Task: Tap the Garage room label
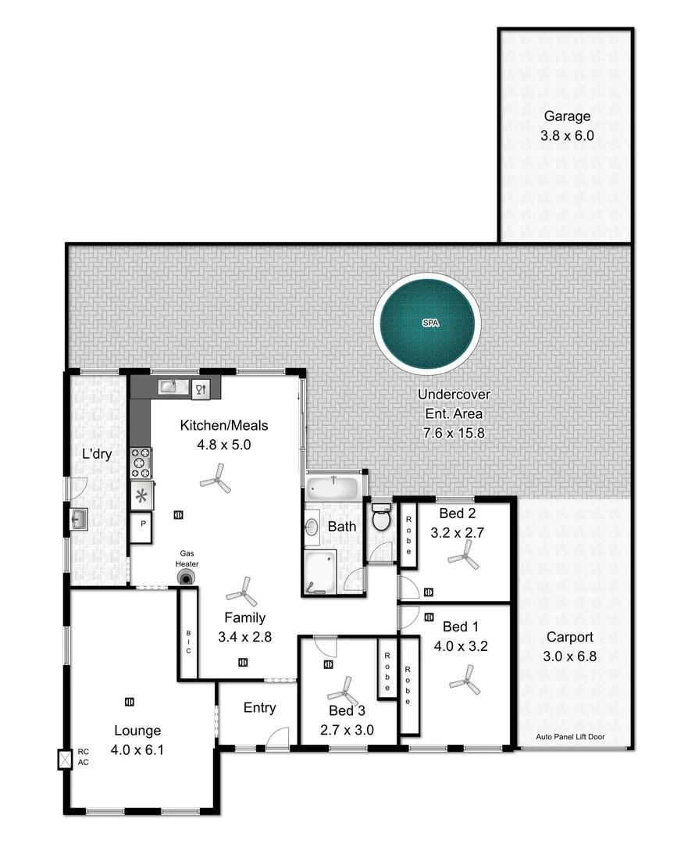pos(567,116)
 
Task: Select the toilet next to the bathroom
pos(381,518)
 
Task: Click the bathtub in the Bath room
pos(333,489)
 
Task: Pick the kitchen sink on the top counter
pos(169,386)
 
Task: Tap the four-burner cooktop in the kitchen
pos(141,463)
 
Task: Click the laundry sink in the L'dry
pos(79,519)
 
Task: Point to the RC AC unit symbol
pos(64,758)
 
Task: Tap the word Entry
pos(259,708)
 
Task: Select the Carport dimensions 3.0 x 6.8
pos(569,656)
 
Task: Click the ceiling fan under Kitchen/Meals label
pos(216,477)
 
